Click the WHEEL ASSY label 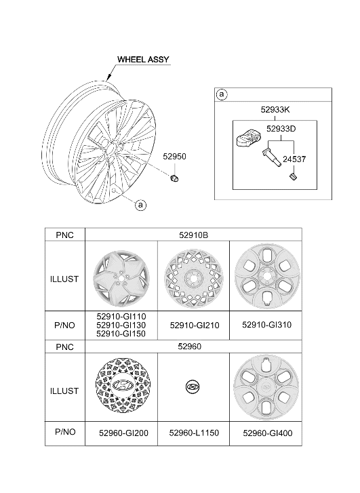143,60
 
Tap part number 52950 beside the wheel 174,156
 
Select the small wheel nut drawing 174,178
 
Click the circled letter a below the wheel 140,205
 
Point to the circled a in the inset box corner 222,94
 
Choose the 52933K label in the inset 275,109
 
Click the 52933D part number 281,129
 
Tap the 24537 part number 294,159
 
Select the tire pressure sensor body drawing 248,139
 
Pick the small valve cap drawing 294,177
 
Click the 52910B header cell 194,235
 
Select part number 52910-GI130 121,325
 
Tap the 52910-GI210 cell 195,326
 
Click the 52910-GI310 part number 267,325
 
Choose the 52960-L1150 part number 194,433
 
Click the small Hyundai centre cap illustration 193,387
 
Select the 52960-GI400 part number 268,433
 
